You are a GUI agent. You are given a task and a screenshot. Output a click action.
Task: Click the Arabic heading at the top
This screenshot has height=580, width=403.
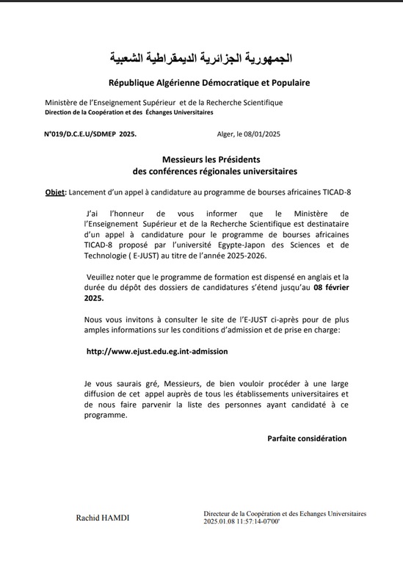[x=200, y=57]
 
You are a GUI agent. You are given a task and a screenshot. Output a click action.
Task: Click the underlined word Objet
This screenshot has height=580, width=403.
[x=54, y=192]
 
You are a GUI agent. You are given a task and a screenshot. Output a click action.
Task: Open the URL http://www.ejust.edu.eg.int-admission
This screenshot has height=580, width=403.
[x=157, y=351]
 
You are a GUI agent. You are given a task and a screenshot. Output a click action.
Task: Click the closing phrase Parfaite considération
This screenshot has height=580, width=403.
[x=307, y=438]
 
